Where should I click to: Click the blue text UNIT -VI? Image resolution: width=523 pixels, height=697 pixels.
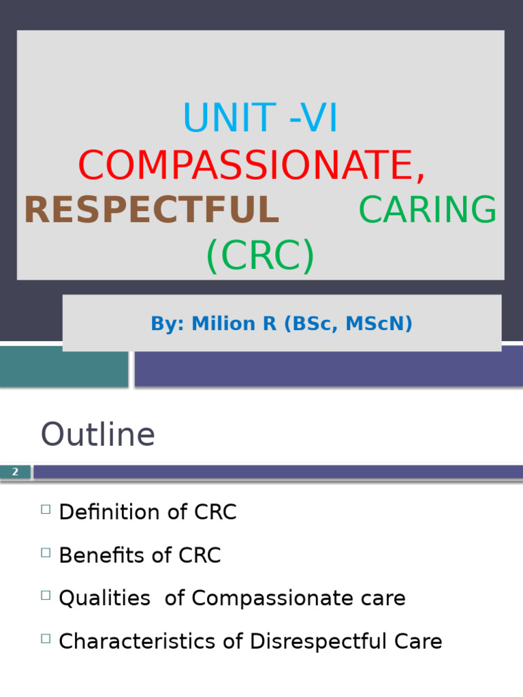(x=260, y=118)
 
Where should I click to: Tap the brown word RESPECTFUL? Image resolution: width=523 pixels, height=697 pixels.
(x=151, y=210)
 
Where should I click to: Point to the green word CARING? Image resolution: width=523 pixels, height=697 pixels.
(x=428, y=210)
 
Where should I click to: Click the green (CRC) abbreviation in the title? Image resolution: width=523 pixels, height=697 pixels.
(x=260, y=256)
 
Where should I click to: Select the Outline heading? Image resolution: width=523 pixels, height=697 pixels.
(x=98, y=434)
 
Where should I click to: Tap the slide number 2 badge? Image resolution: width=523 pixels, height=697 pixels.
(x=15, y=472)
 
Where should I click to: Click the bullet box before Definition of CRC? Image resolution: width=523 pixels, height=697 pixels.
(x=46, y=509)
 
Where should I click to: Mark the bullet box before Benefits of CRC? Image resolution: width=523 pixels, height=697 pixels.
(x=46, y=552)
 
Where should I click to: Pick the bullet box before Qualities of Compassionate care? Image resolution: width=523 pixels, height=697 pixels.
(x=46, y=595)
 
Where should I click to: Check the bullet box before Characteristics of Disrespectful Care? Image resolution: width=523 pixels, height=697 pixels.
(x=46, y=638)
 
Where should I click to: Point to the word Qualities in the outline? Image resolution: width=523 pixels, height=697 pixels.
(x=104, y=598)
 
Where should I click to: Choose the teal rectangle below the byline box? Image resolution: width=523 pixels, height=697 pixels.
(x=63, y=367)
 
